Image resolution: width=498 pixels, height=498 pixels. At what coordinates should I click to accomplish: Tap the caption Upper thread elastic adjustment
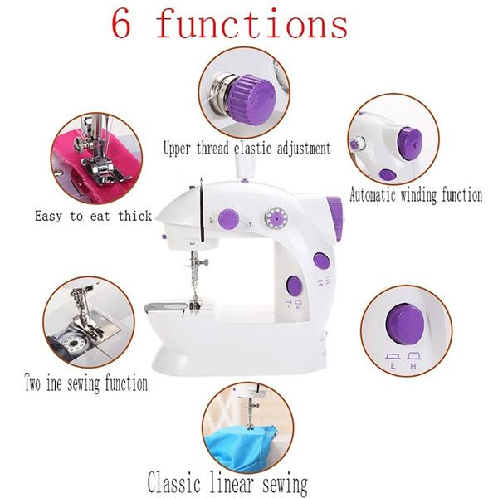click(247, 149)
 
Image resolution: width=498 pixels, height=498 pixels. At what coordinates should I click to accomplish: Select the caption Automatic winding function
click(415, 196)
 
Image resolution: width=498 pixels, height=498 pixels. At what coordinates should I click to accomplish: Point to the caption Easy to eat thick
click(93, 216)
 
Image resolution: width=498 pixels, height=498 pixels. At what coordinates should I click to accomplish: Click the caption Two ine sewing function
click(86, 384)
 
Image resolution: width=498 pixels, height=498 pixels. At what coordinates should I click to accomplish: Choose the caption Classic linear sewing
click(227, 483)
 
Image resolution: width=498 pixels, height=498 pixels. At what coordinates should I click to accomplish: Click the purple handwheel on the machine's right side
click(335, 218)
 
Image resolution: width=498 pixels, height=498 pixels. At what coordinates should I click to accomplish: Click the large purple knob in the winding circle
click(408, 141)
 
